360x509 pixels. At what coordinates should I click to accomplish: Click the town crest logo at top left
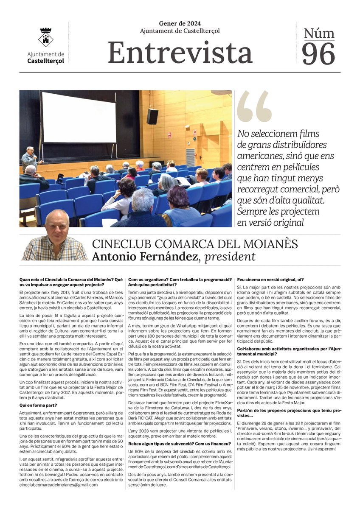coord(45,37)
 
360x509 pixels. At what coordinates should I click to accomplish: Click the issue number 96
coord(318,54)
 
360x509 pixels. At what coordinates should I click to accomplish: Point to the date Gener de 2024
coord(180,23)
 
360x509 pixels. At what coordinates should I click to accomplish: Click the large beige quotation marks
coord(254,107)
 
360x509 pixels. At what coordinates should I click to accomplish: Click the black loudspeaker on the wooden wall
coord(152,116)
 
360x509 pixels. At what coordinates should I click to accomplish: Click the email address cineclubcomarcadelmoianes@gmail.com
coord(59,484)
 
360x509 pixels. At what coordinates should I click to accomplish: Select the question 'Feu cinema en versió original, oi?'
coord(270,280)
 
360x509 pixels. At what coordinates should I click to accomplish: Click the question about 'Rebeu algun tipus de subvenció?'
coord(180,443)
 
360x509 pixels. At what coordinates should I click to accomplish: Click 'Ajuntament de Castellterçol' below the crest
coord(45,57)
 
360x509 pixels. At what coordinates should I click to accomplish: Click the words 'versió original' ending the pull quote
coord(274,222)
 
